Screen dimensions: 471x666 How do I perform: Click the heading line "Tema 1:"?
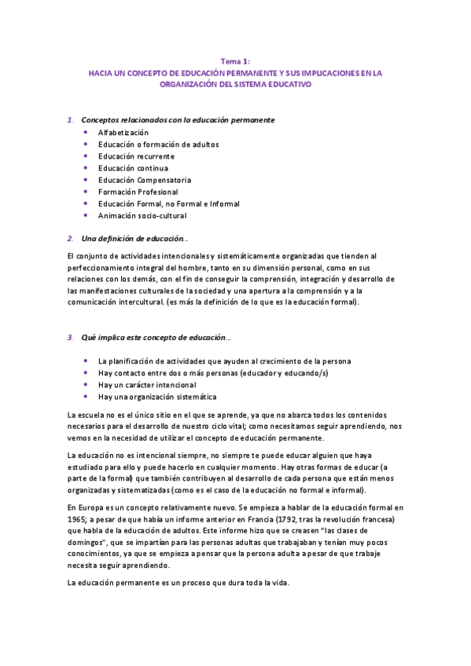235,60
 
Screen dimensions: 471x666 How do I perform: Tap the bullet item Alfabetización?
123,133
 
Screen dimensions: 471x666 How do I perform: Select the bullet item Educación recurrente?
136,156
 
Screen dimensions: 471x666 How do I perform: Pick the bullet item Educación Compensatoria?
145,180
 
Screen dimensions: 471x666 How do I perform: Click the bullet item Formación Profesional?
138,192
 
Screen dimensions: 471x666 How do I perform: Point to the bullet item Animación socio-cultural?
144,215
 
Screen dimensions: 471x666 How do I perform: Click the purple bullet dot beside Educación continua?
85,168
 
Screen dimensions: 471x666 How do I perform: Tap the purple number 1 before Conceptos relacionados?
70,119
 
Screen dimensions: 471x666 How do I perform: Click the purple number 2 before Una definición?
70,238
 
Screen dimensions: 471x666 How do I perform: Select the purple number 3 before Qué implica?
70,338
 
